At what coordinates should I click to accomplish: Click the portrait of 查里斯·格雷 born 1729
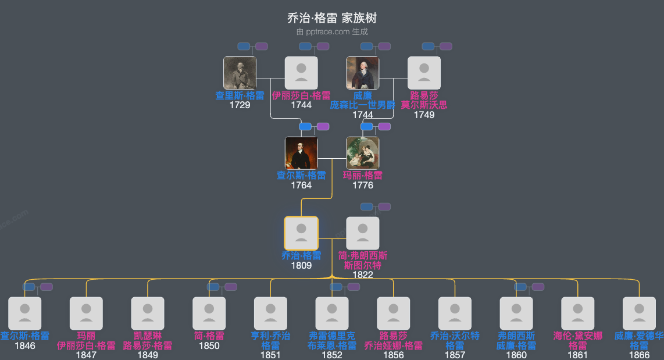coord(240,73)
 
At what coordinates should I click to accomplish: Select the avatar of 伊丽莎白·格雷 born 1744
coord(301,73)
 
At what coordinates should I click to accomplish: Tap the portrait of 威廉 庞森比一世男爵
coord(363,73)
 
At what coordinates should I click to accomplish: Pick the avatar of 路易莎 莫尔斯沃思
coord(424,73)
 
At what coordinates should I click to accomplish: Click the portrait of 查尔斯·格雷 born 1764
coord(301,153)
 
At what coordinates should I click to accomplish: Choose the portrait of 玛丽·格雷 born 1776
coord(363,153)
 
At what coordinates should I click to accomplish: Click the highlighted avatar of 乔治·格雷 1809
coord(301,233)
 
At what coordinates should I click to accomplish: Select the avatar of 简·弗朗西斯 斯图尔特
coord(363,233)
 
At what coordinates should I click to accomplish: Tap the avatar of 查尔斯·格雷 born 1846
coord(25,313)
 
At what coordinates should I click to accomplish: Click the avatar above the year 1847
coord(86,313)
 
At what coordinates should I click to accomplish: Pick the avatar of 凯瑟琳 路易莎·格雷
coord(148,313)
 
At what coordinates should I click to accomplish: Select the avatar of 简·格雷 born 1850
coord(209,313)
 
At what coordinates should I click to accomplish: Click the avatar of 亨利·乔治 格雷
coord(270,313)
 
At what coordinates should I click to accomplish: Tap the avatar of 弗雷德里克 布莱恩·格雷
coord(332,313)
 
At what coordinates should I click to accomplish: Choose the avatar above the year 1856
coord(394,313)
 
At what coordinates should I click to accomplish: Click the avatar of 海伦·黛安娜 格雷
coord(577,313)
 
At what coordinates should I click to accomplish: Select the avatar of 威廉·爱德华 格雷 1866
coord(639,313)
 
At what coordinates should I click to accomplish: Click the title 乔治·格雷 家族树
coord(332,19)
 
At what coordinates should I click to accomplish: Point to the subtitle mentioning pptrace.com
coord(332,32)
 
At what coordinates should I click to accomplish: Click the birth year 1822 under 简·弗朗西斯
coord(363,275)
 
